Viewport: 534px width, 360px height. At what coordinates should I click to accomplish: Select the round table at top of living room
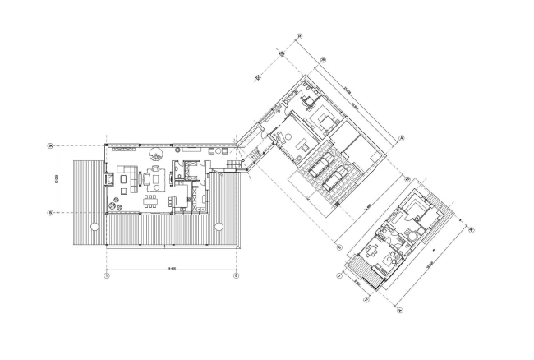[x=154, y=153]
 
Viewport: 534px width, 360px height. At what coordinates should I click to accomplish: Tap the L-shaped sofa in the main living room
[x=128, y=174]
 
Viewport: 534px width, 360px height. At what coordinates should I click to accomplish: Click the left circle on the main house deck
[x=94, y=226]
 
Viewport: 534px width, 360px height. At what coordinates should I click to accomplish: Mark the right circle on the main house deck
[x=218, y=226]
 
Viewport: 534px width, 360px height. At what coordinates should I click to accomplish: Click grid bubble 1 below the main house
[x=107, y=275]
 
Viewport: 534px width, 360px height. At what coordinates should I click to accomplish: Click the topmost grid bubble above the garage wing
[x=301, y=36]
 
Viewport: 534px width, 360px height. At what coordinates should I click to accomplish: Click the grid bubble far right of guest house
[x=471, y=231]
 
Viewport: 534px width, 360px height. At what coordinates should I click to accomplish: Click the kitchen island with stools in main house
[x=180, y=198]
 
